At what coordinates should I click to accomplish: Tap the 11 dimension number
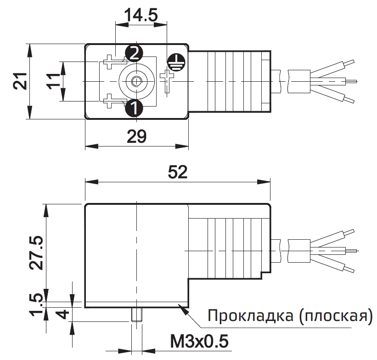(53, 82)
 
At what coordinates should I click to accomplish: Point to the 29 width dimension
(136, 136)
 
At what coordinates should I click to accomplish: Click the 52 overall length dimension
(177, 172)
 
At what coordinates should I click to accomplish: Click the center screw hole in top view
(135, 82)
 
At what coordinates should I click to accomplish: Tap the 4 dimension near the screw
(64, 315)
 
